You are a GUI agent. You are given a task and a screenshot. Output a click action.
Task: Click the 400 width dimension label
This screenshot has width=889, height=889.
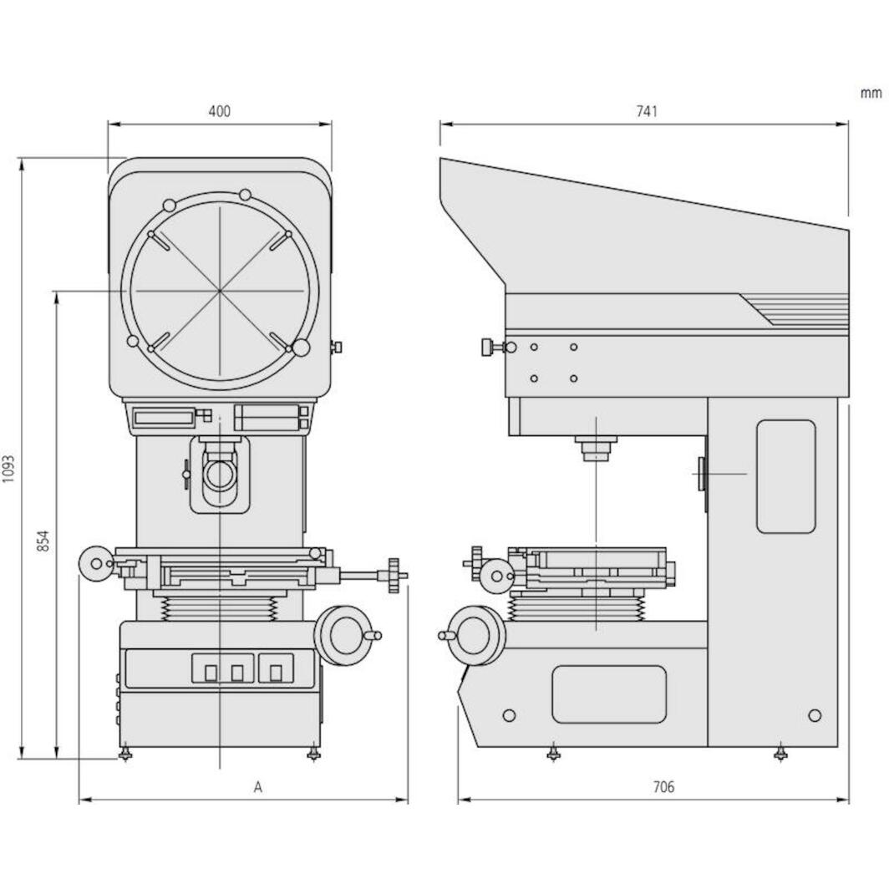[x=219, y=111]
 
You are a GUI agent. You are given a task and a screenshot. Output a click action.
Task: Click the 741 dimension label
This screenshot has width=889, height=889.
[x=646, y=111]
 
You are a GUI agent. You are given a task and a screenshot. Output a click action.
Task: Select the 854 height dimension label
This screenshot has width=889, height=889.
[x=43, y=541]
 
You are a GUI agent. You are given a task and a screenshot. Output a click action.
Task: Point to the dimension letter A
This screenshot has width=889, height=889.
[x=258, y=786]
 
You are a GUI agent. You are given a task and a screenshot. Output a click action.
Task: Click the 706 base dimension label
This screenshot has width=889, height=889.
[x=663, y=786]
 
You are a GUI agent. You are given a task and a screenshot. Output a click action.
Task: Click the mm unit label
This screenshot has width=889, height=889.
[x=871, y=93]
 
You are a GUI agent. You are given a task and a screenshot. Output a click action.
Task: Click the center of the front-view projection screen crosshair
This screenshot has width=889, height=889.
[x=221, y=291]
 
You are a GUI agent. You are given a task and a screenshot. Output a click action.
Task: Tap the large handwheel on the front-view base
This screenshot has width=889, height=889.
[x=343, y=636]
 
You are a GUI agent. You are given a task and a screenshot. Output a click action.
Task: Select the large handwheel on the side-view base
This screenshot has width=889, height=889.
[x=477, y=635]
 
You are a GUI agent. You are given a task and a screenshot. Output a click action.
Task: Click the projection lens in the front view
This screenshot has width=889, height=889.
[x=219, y=474]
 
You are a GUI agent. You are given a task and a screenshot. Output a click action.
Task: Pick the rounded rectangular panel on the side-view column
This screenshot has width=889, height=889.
[x=785, y=476]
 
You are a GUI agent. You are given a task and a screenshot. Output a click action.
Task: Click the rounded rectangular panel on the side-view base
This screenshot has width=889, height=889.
[x=609, y=694]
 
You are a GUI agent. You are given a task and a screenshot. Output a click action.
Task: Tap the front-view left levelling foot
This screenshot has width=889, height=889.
[x=125, y=754]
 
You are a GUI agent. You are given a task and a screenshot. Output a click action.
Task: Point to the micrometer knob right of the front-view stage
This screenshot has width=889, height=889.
[x=394, y=575]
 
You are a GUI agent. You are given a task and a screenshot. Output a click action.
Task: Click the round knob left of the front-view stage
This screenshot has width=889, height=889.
[x=96, y=563]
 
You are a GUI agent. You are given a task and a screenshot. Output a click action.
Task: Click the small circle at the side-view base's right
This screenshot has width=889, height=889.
[x=815, y=715]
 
